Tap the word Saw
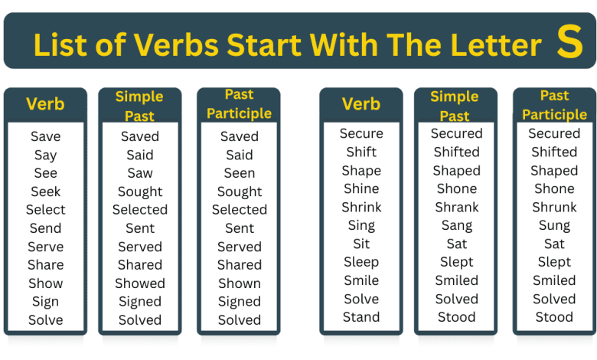coord(140,173)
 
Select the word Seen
coord(240,173)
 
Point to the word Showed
coord(140,283)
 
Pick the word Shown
coord(240,283)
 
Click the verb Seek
coord(46,191)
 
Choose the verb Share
coord(46,265)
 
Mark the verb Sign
coord(46,302)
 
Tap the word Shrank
coord(457,208)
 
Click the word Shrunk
coord(555,208)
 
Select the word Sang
coord(457,226)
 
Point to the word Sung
coord(555,226)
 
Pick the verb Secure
coord(361,134)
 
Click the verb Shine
coord(361,189)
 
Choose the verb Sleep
coord(361,262)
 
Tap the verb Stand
coord(361,317)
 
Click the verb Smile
coord(361,280)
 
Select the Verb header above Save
coord(46,104)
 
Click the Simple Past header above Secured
coord(455,106)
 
